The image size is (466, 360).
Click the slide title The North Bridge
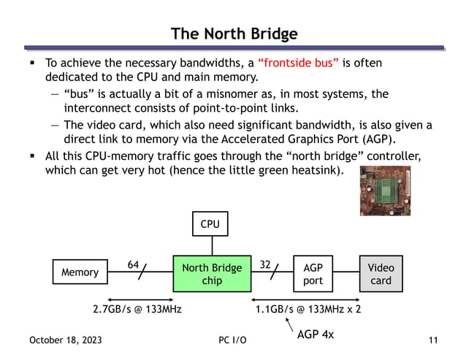(234, 34)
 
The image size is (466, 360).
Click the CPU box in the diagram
(210, 224)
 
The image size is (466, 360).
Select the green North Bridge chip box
(211, 274)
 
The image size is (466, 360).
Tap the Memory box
(80, 272)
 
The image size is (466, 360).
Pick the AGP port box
(313, 274)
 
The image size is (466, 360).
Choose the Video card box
(381, 274)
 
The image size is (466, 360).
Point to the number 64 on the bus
(134, 265)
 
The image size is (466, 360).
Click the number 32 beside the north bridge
(265, 265)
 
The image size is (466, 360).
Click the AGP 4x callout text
(315, 335)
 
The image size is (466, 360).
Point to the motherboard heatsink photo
(385, 191)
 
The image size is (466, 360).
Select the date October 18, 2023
(66, 341)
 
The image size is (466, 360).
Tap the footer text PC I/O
(232, 341)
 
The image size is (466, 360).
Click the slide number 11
(433, 341)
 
